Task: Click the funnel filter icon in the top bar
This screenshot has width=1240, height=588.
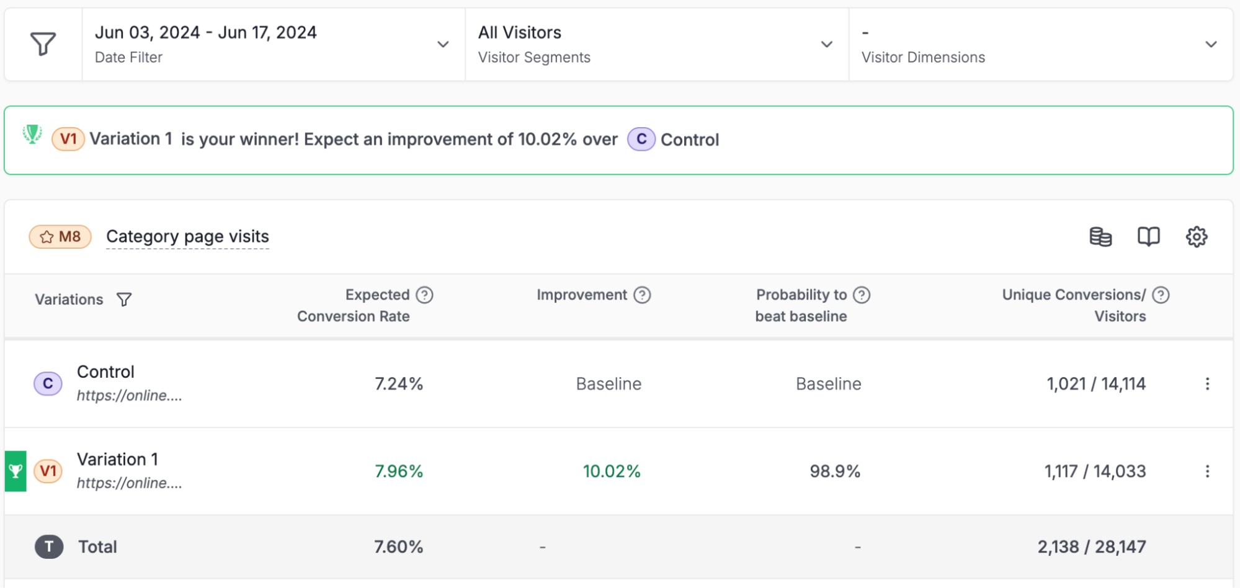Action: point(43,44)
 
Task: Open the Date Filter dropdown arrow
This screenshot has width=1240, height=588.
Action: point(443,44)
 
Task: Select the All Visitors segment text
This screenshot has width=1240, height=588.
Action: point(519,32)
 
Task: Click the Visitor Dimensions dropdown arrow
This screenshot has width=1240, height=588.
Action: point(1210,44)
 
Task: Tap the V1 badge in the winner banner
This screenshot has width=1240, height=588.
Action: point(68,139)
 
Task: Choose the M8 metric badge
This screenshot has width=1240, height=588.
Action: point(61,236)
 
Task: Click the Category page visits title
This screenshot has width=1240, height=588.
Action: point(187,236)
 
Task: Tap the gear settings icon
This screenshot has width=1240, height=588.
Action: point(1196,236)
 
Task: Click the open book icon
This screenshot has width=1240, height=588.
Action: point(1148,236)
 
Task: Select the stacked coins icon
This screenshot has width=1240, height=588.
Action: point(1100,236)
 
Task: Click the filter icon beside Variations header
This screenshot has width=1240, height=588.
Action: point(124,300)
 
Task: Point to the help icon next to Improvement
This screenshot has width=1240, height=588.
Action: point(642,295)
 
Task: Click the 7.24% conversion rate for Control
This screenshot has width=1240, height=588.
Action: point(399,384)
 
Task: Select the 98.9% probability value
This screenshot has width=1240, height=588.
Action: point(835,471)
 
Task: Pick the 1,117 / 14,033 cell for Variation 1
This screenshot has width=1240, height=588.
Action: point(1095,471)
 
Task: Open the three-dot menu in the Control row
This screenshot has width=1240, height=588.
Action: point(1207,384)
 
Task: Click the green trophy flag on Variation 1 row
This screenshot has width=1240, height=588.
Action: point(16,471)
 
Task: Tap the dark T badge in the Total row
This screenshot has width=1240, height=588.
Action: point(49,546)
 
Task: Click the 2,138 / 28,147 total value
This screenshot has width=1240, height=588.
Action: point(1091,546)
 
